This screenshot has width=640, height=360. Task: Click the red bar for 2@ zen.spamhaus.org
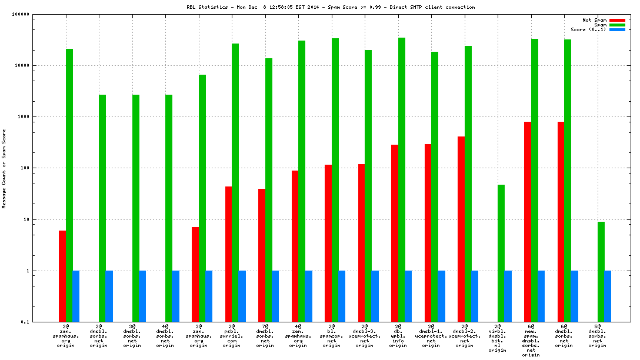(62, 276)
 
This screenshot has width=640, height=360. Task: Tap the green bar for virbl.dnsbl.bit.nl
(501, 253)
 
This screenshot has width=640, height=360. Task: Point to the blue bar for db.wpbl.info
(408, 296)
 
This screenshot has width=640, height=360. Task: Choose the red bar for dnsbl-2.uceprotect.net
(461, 229)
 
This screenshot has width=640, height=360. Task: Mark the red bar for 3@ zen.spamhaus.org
(195, 274)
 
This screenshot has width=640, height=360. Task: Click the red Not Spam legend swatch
(617, 20)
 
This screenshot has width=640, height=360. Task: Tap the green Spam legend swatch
(617, 25)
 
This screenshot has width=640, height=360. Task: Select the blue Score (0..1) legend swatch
(617, 29)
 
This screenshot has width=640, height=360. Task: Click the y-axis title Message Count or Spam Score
(4, 168)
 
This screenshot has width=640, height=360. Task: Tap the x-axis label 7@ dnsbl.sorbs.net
(265, 336)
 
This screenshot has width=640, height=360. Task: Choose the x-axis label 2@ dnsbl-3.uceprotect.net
(365, 336)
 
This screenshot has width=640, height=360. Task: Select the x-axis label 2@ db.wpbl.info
(398, 336)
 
